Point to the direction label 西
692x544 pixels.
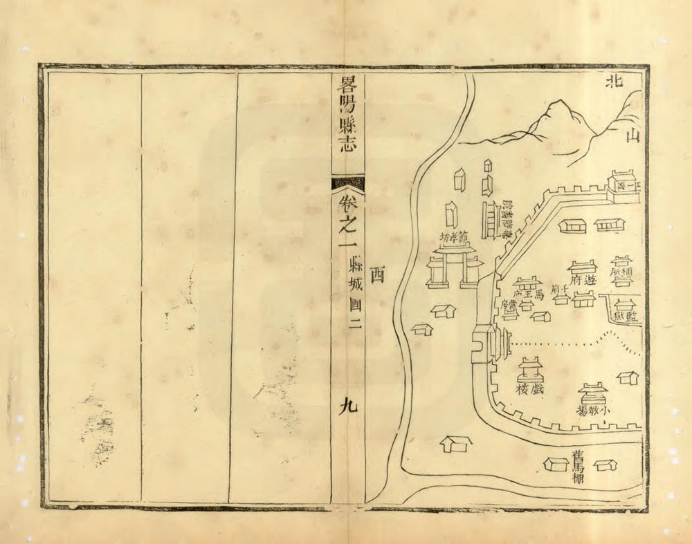point(377,275)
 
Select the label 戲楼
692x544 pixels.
point(529,389)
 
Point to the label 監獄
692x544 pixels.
point(626,317)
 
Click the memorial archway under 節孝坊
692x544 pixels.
point(454,266)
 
